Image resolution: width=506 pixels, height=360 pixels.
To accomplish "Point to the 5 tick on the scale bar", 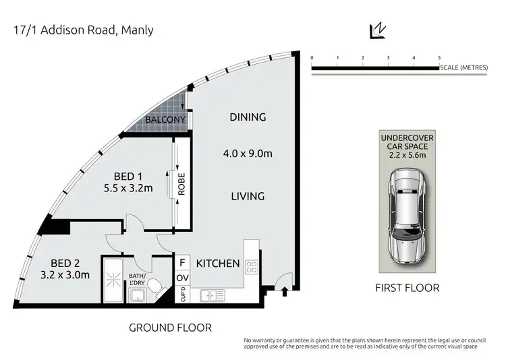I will tap(439, 59).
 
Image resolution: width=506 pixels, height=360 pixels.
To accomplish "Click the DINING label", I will tap(248, 117).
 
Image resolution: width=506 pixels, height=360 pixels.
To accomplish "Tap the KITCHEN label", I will tap(218, 263).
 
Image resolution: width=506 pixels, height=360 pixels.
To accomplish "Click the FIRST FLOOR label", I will tap(407, 288).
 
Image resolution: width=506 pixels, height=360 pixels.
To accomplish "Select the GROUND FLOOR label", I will tap(170, 328).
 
